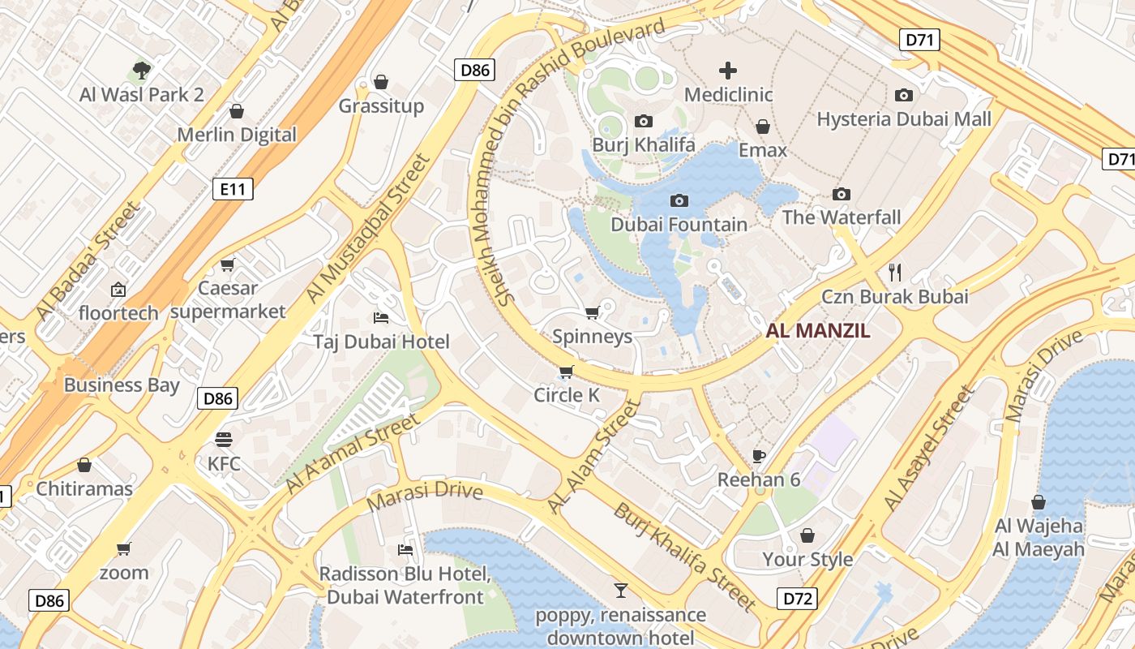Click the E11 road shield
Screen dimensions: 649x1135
(233, 190)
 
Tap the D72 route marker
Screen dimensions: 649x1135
(797, 600)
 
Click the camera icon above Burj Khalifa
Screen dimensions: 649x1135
(644, 121)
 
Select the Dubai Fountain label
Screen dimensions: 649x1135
(679, 225)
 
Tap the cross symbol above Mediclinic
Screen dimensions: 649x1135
(728, 71)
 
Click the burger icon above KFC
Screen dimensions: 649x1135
(224, 440)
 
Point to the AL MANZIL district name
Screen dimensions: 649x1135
(818, 330)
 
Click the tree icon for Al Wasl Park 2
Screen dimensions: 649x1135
(142, 71)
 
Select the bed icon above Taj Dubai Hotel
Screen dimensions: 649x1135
(381, 317)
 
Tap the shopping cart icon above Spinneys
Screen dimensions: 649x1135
(593, 312)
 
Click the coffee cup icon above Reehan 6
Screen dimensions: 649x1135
(759, 455)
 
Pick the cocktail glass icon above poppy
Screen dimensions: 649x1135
(621, 590)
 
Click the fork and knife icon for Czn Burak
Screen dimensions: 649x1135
(895, 272)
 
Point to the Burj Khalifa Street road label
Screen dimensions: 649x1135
(684, 557)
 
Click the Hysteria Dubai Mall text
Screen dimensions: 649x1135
(904, 119)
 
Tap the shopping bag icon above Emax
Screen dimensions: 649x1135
(763, 127)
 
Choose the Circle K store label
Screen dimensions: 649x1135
(567, 395)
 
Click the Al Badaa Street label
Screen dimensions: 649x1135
(88, 260)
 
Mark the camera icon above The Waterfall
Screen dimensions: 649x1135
(842, 194)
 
